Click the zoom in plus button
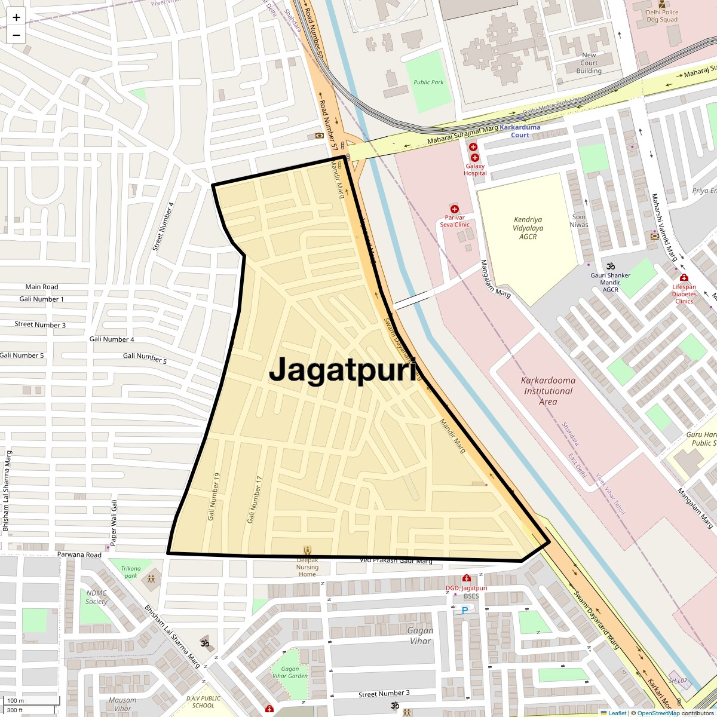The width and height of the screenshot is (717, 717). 16,17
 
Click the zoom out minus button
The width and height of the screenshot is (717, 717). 16,35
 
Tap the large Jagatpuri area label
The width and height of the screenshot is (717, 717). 342,370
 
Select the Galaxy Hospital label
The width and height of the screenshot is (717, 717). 475,170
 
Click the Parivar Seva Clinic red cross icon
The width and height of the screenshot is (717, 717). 455,209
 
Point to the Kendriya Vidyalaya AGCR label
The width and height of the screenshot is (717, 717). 528,228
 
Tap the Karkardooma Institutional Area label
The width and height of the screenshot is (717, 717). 548,391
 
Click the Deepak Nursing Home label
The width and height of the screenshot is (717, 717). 308,567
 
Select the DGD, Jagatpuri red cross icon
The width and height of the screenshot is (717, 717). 467,578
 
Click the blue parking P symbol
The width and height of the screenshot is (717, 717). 464,611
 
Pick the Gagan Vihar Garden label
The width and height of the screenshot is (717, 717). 290,672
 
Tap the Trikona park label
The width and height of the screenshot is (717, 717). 131,572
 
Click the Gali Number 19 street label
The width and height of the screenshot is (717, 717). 214,496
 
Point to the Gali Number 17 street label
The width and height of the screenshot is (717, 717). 255,500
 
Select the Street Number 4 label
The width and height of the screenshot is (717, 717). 163,226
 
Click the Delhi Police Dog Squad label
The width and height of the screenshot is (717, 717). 662,16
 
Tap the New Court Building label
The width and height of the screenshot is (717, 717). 589,63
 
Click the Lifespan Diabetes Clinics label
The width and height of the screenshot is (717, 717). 684,293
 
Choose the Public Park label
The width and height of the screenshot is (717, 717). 429,82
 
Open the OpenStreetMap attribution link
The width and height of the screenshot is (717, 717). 658,713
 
